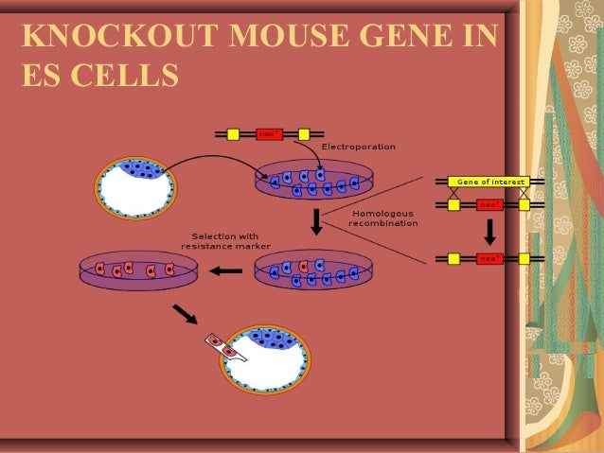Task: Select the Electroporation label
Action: point(358,147)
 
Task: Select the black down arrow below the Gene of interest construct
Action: point(490,231)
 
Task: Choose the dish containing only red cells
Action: point(138,270)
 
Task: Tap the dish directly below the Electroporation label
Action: point(309,180)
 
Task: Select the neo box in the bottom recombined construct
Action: point(489,258)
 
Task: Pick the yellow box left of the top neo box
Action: point(233,134)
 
